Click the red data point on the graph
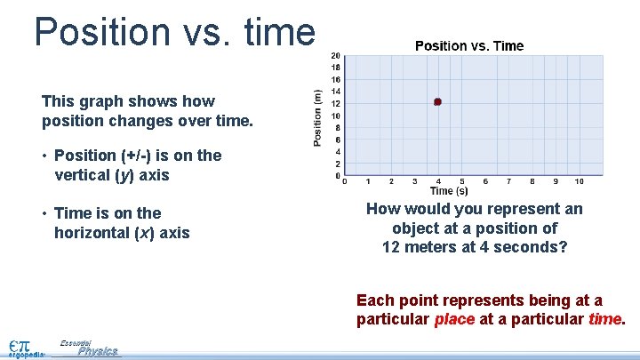pyautogui.click(x=437, y=102)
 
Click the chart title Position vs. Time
pyautogui.click(x=469, y=45)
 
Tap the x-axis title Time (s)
pyautogui.click(x=449, y=191)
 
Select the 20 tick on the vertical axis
pyautogui.click(x=335, y=55)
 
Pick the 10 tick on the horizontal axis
pyautogui.click(x=579, y=182)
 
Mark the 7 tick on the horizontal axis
pyautogui.click(x=508, y=182)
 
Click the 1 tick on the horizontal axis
pyautogui.click(x=368, y=182)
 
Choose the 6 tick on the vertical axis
pyautogui.click(x=336, y=140)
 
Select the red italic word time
pyautogui.click(x=605, y=319)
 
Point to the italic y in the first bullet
pyautogui.click(x=120, y=175)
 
